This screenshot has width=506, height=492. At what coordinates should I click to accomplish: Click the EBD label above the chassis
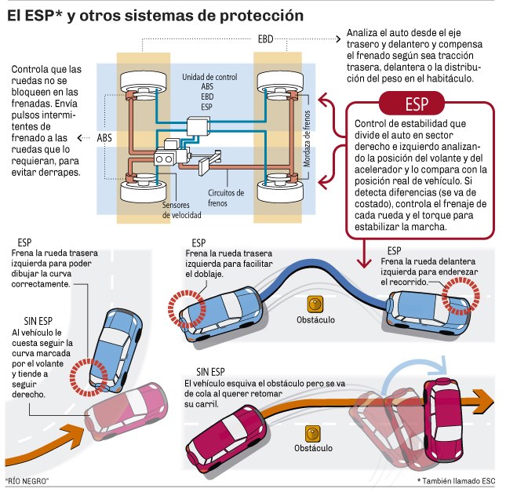coord(265,38)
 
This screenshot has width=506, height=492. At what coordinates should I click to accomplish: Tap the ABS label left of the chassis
coord(104,137)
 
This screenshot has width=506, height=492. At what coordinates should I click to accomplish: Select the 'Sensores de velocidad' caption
coord(181,209)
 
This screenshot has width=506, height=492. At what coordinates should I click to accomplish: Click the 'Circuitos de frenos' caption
coord(226,197)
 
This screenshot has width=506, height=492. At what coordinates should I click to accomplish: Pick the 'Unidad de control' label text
coord(209,78)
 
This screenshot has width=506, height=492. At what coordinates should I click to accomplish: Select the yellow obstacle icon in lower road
coord(314,432)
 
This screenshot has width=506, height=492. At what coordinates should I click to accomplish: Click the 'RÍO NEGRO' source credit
coord(27,480)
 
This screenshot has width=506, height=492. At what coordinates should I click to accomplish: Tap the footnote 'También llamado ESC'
coord(457,480)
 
